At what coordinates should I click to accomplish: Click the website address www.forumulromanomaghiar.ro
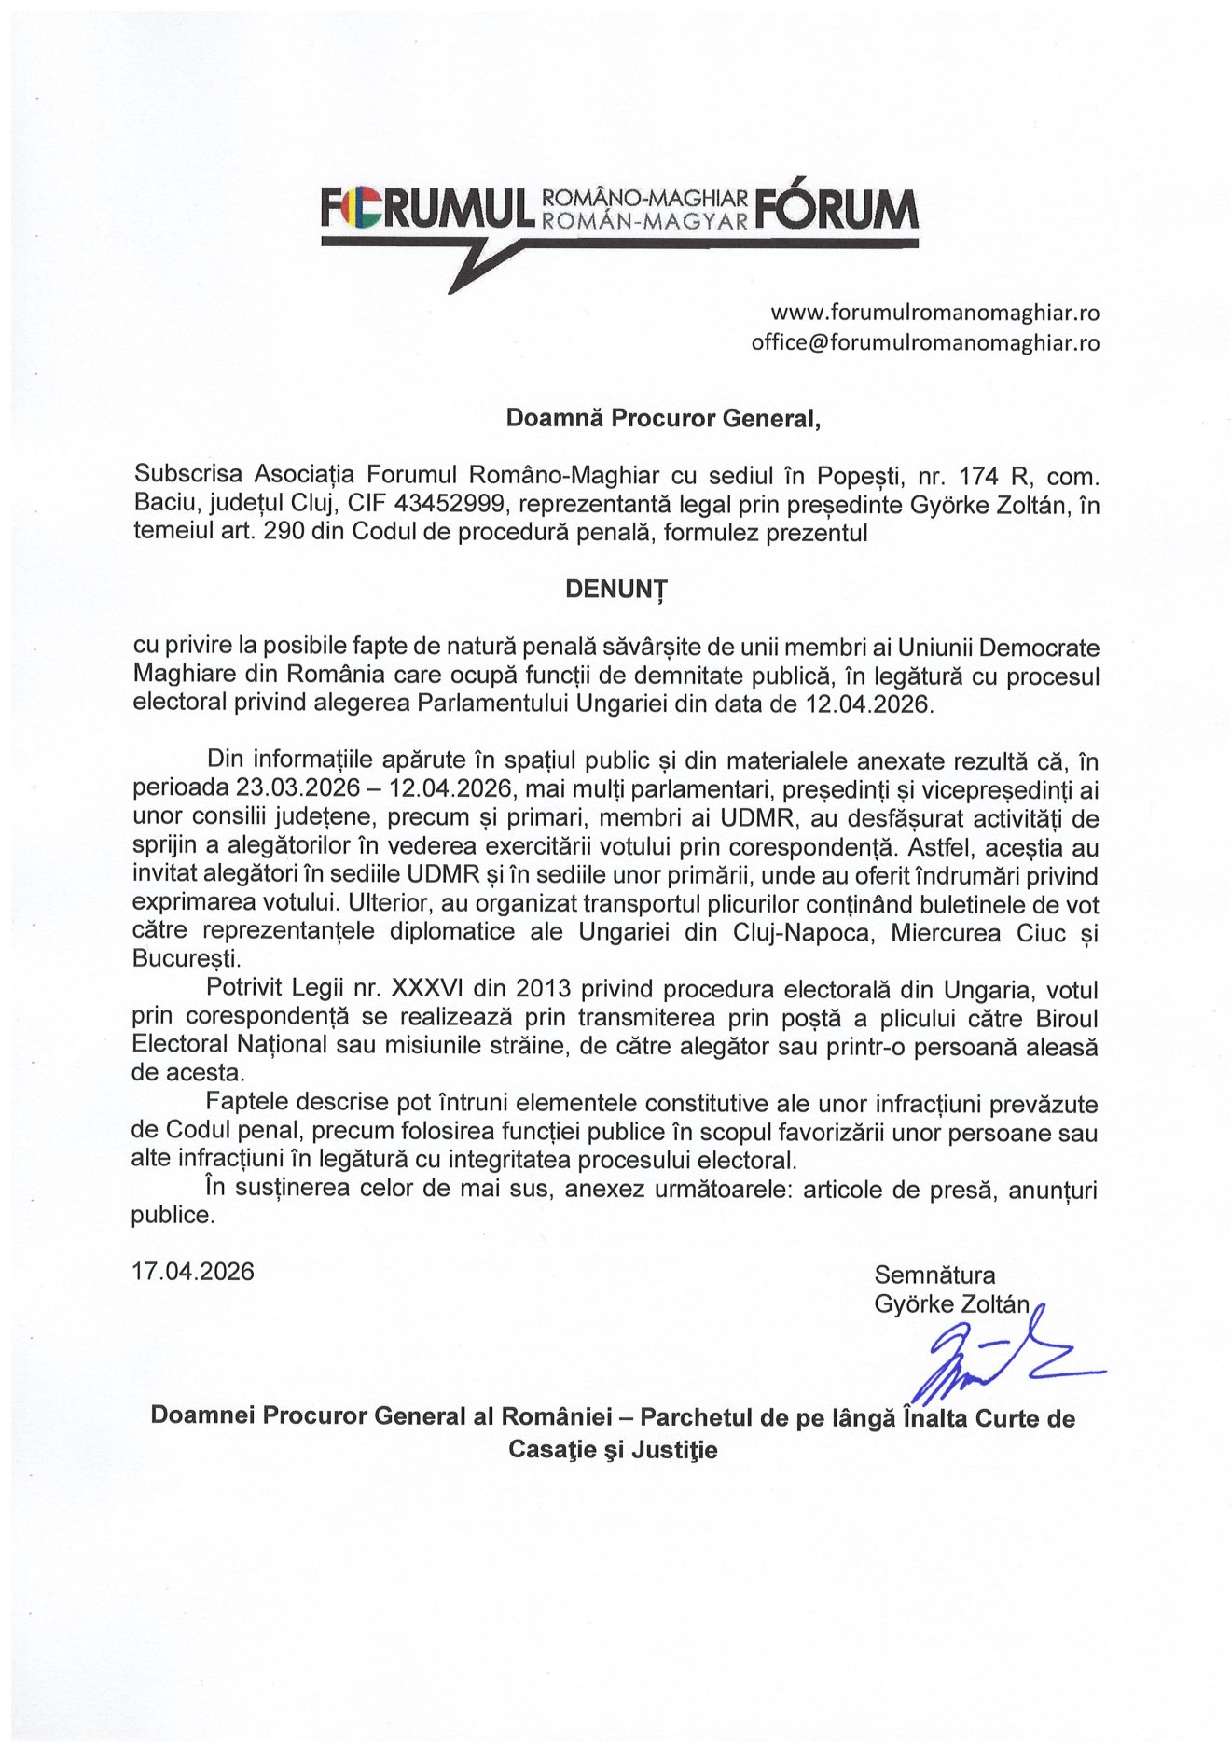pyautogui.click(x=934, y=312)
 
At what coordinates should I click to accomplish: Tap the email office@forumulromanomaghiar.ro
pyautogui.click(x=925, y=342)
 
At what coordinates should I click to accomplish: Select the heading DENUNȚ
pyautogui.click(x=615, y=589)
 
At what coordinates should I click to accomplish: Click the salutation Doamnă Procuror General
pyautogui.click(x=663, y=418)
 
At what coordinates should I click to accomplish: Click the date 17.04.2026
pyautogui.click(x=193, y=1272)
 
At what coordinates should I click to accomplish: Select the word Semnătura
pyautogui.click(x=934, y=1275)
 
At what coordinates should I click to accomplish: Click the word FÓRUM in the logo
pyautogui.click(x=837, y=209)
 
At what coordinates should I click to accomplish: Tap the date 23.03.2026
pyautogui.click(x=293, y=788)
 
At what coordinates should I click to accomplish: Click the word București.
pyautogui.click(x=186, y=959)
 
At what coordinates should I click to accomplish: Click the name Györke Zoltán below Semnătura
pyautogui.click(x=951, y=1303)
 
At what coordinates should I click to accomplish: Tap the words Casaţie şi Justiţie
pyautogui.click(x=613, y=1450)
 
